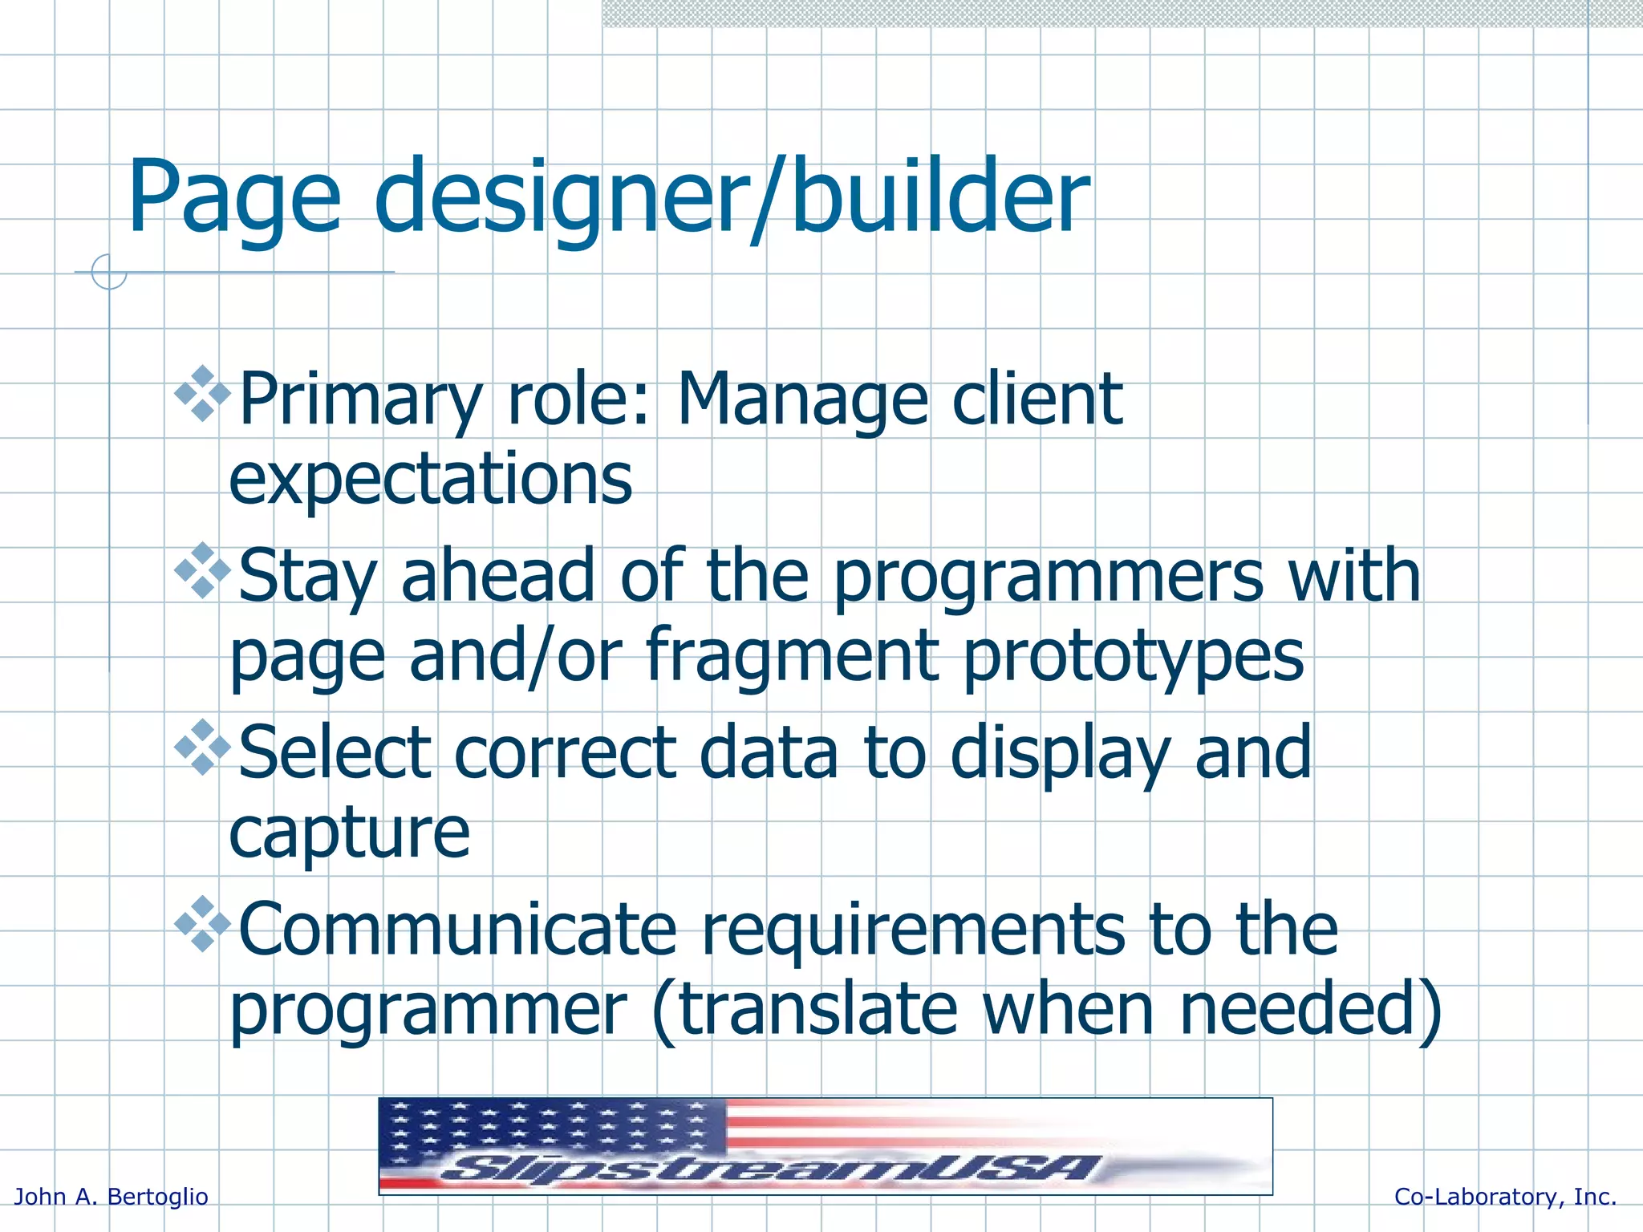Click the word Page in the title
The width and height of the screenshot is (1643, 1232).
click(234, 199)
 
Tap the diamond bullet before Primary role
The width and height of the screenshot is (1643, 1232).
click(202, 394)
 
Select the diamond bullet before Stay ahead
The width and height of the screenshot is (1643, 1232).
click(202, 570)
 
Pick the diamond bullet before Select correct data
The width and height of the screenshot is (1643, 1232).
click(202, 747)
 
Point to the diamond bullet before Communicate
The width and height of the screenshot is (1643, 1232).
click(202, 924)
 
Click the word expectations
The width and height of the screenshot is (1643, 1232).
click(431, 480)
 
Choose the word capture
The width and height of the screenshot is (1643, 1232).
click(349, 834)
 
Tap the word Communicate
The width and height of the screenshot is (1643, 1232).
click(457, 930)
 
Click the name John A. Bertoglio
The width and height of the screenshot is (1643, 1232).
click(112, 1197)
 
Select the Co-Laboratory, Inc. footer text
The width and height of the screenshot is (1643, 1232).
click(1505, 1197)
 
